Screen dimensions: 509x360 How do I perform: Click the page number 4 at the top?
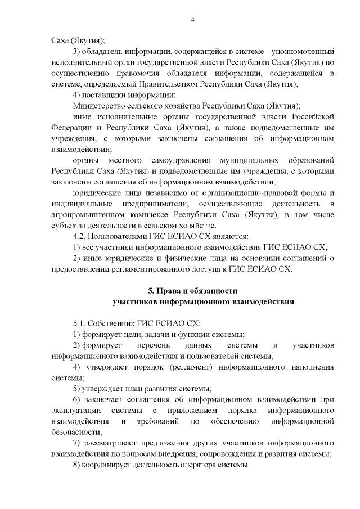tap(193, 21)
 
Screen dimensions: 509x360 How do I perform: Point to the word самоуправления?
tap(166, 160)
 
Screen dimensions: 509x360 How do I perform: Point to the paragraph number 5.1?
tap(81, 323)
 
